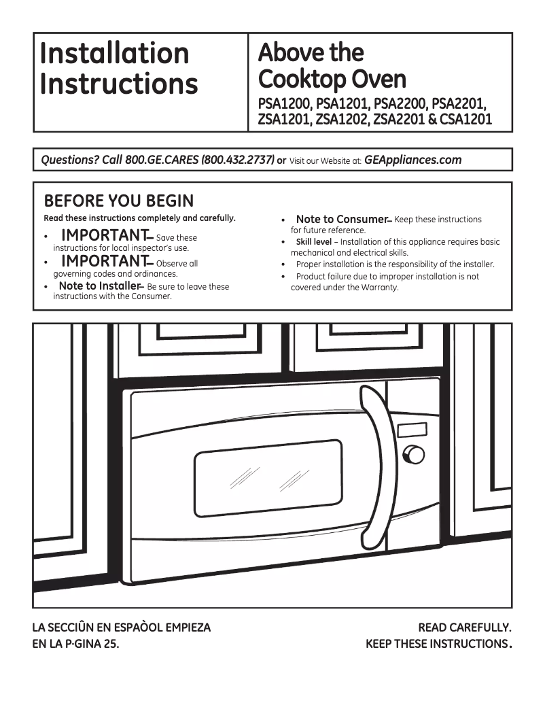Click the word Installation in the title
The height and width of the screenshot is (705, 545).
[114, 53]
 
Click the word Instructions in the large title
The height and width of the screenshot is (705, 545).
[119, 84]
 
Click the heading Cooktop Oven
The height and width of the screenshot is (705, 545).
[332, 80]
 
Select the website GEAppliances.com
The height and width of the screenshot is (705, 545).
[412, 160]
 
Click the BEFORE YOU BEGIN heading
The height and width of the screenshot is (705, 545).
[118, 201]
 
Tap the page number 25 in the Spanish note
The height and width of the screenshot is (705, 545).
[111, 643]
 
